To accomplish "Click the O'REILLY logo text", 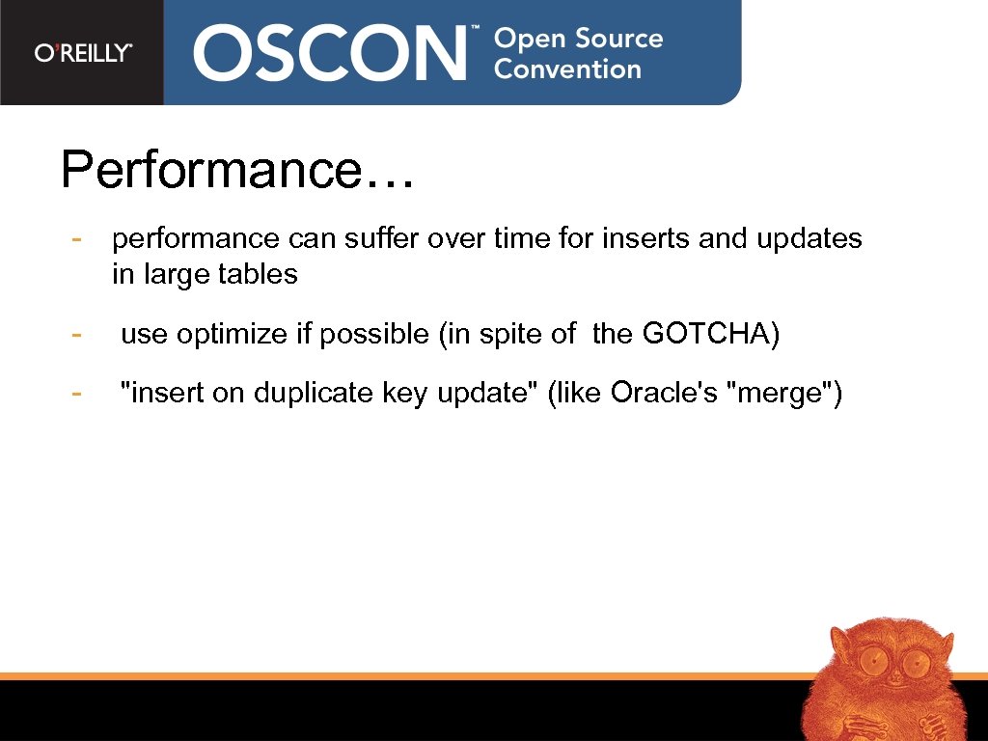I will (83, 53).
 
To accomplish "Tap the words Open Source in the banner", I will (578, 40).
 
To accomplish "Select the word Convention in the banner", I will (567, 69).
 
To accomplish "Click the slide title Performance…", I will (237, 170).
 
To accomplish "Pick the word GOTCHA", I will (710, 335).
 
